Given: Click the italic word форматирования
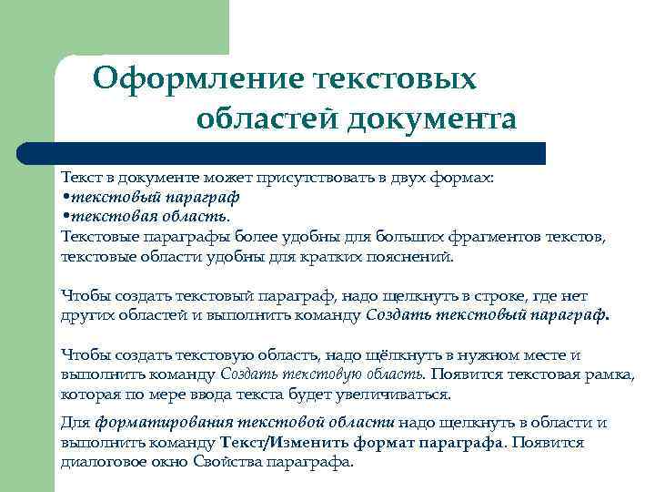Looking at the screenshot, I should point(164,423).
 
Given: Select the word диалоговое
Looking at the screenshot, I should point(101,462).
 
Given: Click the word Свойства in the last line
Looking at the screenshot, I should point(226,462).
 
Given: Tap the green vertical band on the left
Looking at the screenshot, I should point(27,273).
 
